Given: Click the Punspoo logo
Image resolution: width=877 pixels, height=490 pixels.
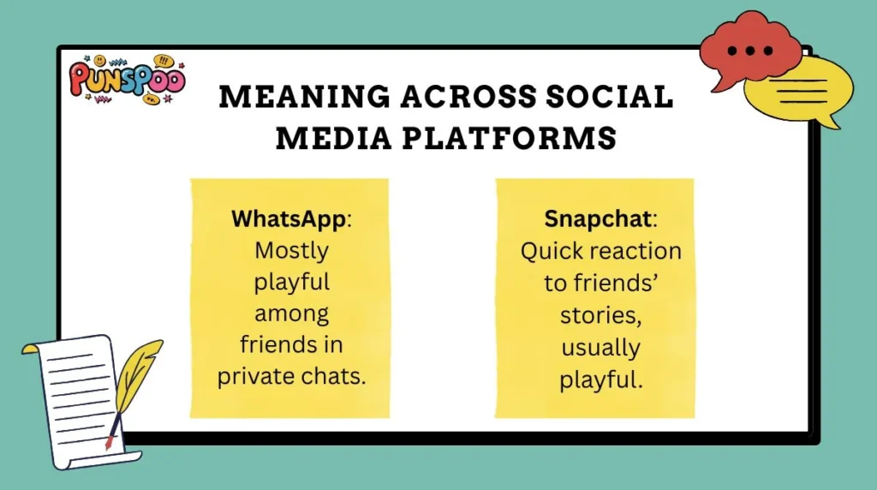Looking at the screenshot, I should pyautogui.click(x=126, y=81).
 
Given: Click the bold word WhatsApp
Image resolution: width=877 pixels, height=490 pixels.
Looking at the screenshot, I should pyautogui.click(x=288, y=218).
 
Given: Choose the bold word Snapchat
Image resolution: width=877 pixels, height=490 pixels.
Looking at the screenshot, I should pyautogui.click(x=600, y=218).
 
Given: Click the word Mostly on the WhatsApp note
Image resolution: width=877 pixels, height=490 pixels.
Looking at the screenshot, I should pyautogui.click(x=291, y=251).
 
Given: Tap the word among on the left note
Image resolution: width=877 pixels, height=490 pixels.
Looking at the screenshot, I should pyautogui.click(x=291, y=314).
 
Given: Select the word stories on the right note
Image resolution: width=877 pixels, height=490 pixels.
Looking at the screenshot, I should pyautogui.click(x=599, y=314).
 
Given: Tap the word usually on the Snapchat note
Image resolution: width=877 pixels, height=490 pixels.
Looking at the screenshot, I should pyautogui.click(x=600, y=346).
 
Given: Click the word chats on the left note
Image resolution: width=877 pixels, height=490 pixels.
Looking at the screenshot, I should pyautogui.click(x=337, y=376).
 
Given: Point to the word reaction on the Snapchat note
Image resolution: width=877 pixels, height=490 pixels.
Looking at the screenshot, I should pyautogui.click(x=639, y=251).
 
